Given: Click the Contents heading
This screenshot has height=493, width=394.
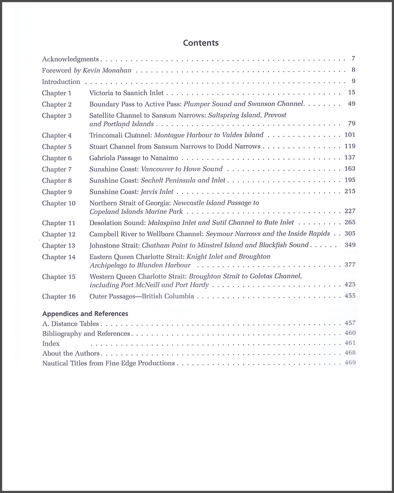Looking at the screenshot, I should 201,43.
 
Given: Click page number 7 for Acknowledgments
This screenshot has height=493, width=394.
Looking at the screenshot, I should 353,59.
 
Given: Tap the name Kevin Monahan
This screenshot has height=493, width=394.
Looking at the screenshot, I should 107,70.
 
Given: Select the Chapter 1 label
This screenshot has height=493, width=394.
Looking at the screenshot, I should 57,93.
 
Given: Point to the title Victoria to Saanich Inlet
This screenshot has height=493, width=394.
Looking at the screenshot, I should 126,93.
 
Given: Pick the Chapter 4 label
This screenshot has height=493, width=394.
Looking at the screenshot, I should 57,135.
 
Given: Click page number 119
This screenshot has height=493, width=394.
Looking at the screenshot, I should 350,146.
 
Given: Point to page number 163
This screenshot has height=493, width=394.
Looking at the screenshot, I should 350,169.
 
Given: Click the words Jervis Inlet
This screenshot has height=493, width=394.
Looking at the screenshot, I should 157,192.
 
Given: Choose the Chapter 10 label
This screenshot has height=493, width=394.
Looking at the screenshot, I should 59,203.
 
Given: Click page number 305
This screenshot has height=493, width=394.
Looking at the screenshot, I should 350,234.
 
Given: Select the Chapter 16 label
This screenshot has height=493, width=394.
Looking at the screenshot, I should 59,296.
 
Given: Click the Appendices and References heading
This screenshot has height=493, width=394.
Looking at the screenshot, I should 85,313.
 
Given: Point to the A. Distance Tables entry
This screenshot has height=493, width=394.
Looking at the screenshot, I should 70,324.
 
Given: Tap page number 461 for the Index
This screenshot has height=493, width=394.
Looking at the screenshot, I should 350,343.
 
